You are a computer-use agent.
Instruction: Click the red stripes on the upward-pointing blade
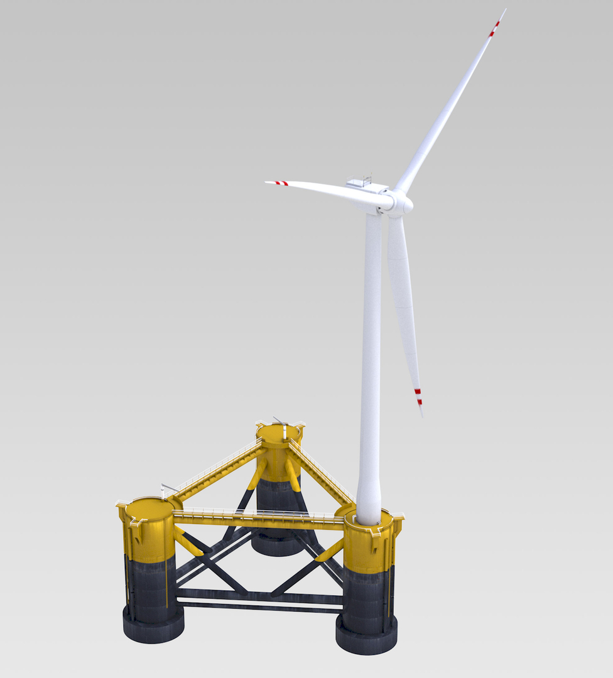(494, 28)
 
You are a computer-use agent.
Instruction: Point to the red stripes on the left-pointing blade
(281, 183)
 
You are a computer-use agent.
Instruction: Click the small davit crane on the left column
(167, 488)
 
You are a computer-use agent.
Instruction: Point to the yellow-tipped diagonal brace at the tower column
(331, 551)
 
